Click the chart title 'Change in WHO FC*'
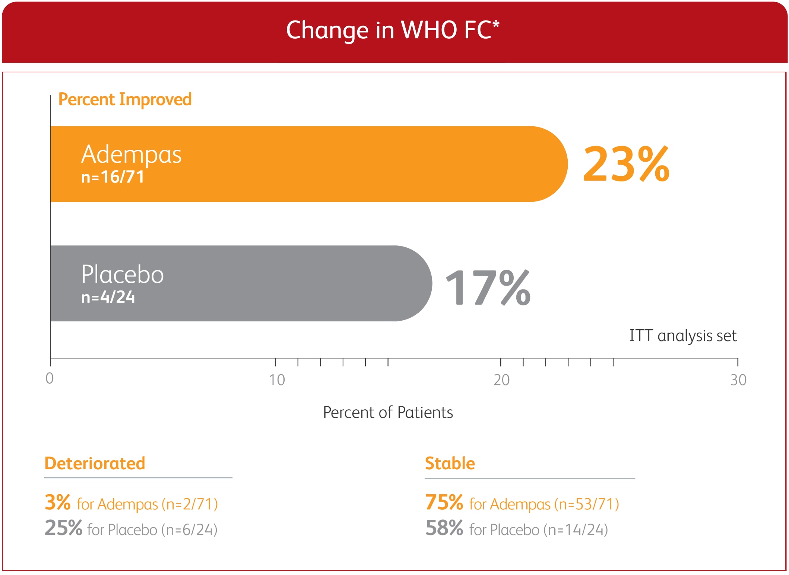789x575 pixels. click(393, 30)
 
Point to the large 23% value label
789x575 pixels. click(626, 164)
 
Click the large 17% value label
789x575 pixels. click(488, 287)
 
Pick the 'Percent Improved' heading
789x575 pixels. click(125, 99)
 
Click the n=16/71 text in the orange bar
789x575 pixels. click(113, 177)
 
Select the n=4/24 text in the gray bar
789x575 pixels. click(108, 297)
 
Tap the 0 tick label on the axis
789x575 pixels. click(50, 378)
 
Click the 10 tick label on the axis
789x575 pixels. click(277, 380)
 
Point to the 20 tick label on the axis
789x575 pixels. click(501, 380)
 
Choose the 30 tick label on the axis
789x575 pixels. click(738, 380)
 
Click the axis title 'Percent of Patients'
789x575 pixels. click(388, 412)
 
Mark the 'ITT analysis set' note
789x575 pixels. click(683, 336)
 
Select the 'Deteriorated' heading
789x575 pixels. click(95, 463)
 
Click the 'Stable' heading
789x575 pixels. click(450, 463)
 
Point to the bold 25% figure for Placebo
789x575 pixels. click(63, 528)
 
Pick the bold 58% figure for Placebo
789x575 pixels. click(444, 528)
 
